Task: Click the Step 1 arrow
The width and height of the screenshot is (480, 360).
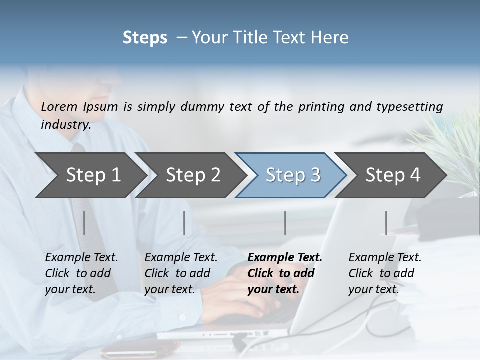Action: coord(93,175)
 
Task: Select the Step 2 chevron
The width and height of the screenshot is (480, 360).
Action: coord(193,175)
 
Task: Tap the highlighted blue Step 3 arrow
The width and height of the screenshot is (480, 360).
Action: coord(293,175)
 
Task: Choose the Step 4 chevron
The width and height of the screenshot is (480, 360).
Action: coord(393,175)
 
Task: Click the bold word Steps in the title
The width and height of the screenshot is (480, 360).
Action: coord(145,38)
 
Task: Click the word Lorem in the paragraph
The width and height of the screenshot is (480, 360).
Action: coord(59,107)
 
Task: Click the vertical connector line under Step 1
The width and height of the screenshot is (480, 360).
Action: coord(84,223)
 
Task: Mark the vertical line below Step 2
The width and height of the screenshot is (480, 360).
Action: coord(184,223)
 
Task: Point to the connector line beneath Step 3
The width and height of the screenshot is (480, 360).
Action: coord(285,223)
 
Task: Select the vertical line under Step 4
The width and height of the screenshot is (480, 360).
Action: coord(386,223)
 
